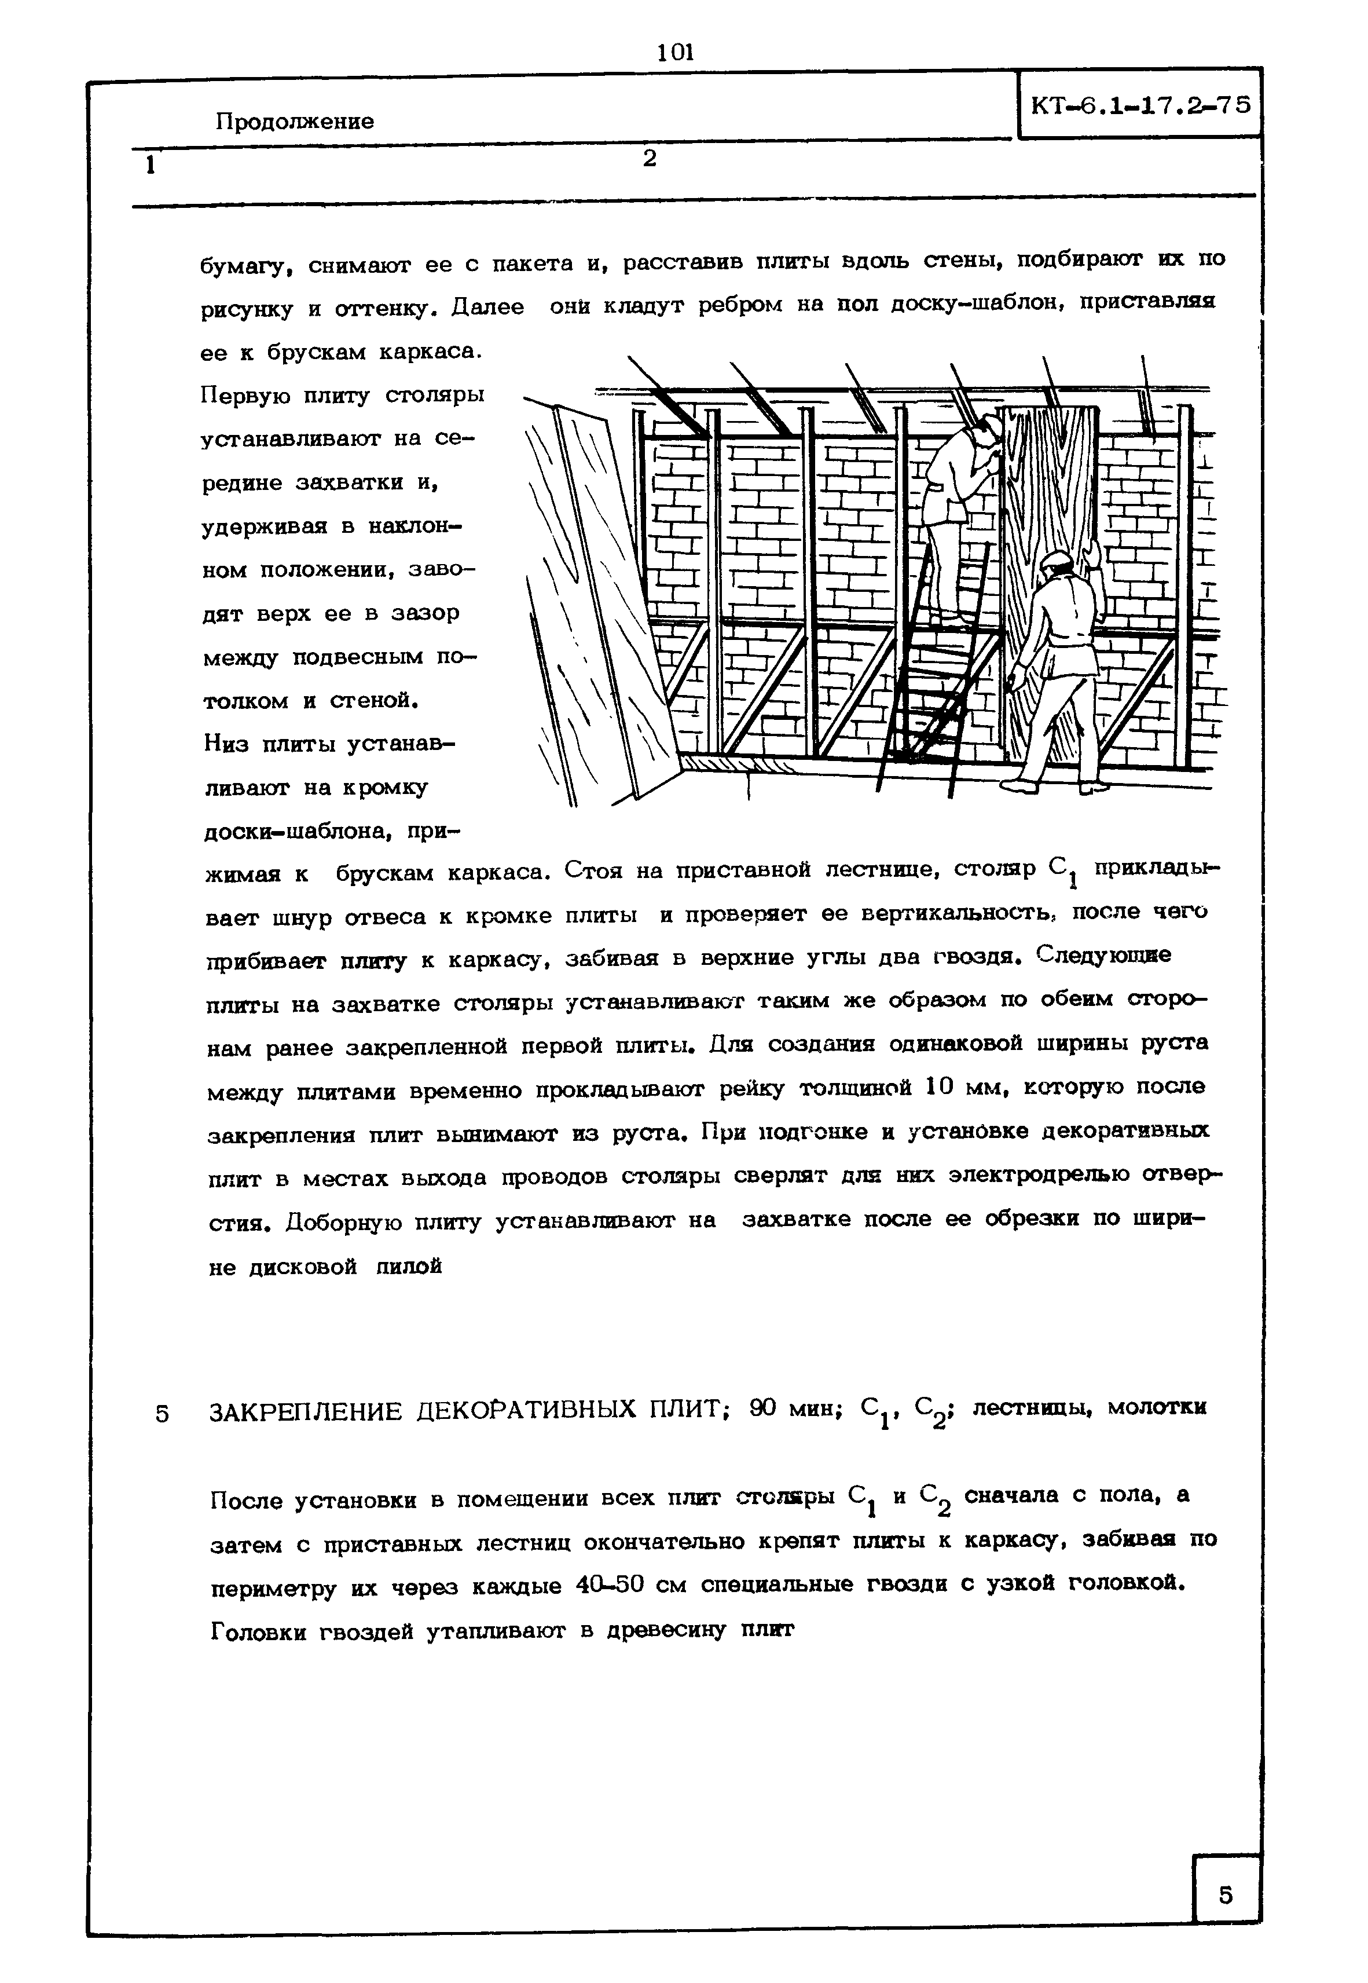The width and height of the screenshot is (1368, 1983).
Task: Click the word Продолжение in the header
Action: [x=294, y=121]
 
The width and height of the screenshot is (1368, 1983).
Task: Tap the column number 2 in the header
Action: [x=650, y=158]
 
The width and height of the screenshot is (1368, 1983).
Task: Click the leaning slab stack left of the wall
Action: [x=592, y=600]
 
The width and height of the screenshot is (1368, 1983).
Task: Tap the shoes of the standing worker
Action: [x=1054, y=785]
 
